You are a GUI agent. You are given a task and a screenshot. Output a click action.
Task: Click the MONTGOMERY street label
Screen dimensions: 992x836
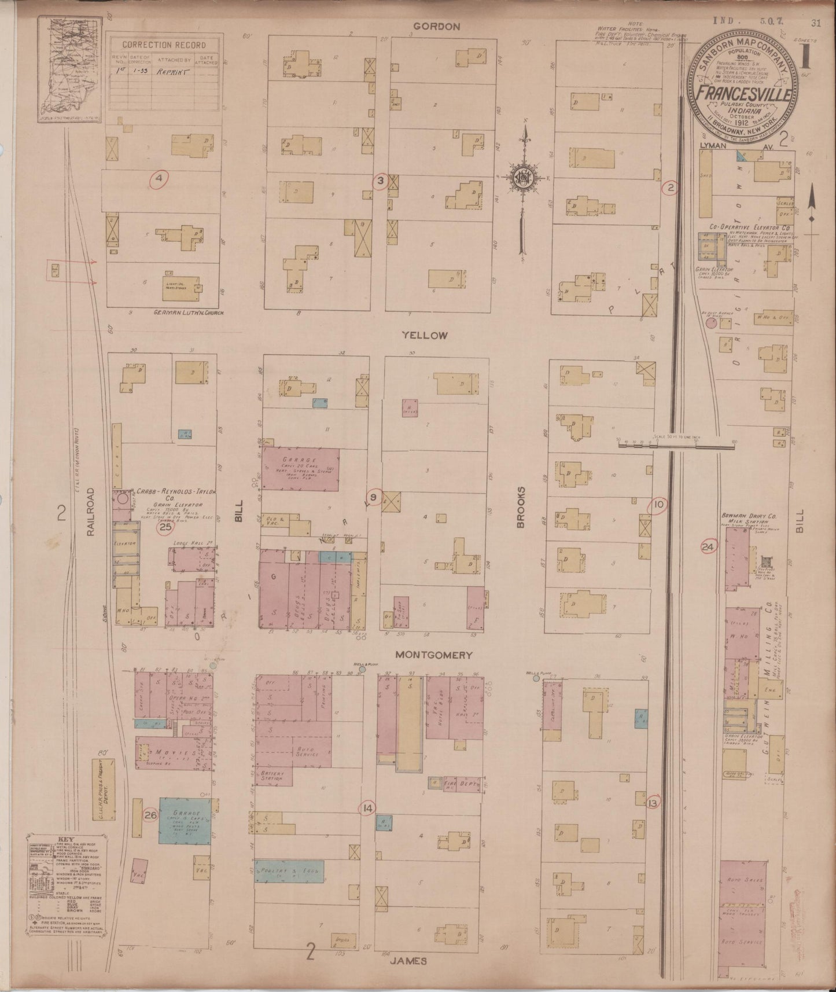tap(434, 655)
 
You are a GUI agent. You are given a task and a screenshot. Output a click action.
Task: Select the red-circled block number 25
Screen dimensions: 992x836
tap(166, 527)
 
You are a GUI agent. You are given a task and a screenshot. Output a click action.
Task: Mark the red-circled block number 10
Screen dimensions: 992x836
tap(658, 505)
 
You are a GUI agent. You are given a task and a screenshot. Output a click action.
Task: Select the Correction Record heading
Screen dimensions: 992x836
tap(164, 45)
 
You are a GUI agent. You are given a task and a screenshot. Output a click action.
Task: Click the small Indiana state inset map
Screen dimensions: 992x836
tap(69, 70)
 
